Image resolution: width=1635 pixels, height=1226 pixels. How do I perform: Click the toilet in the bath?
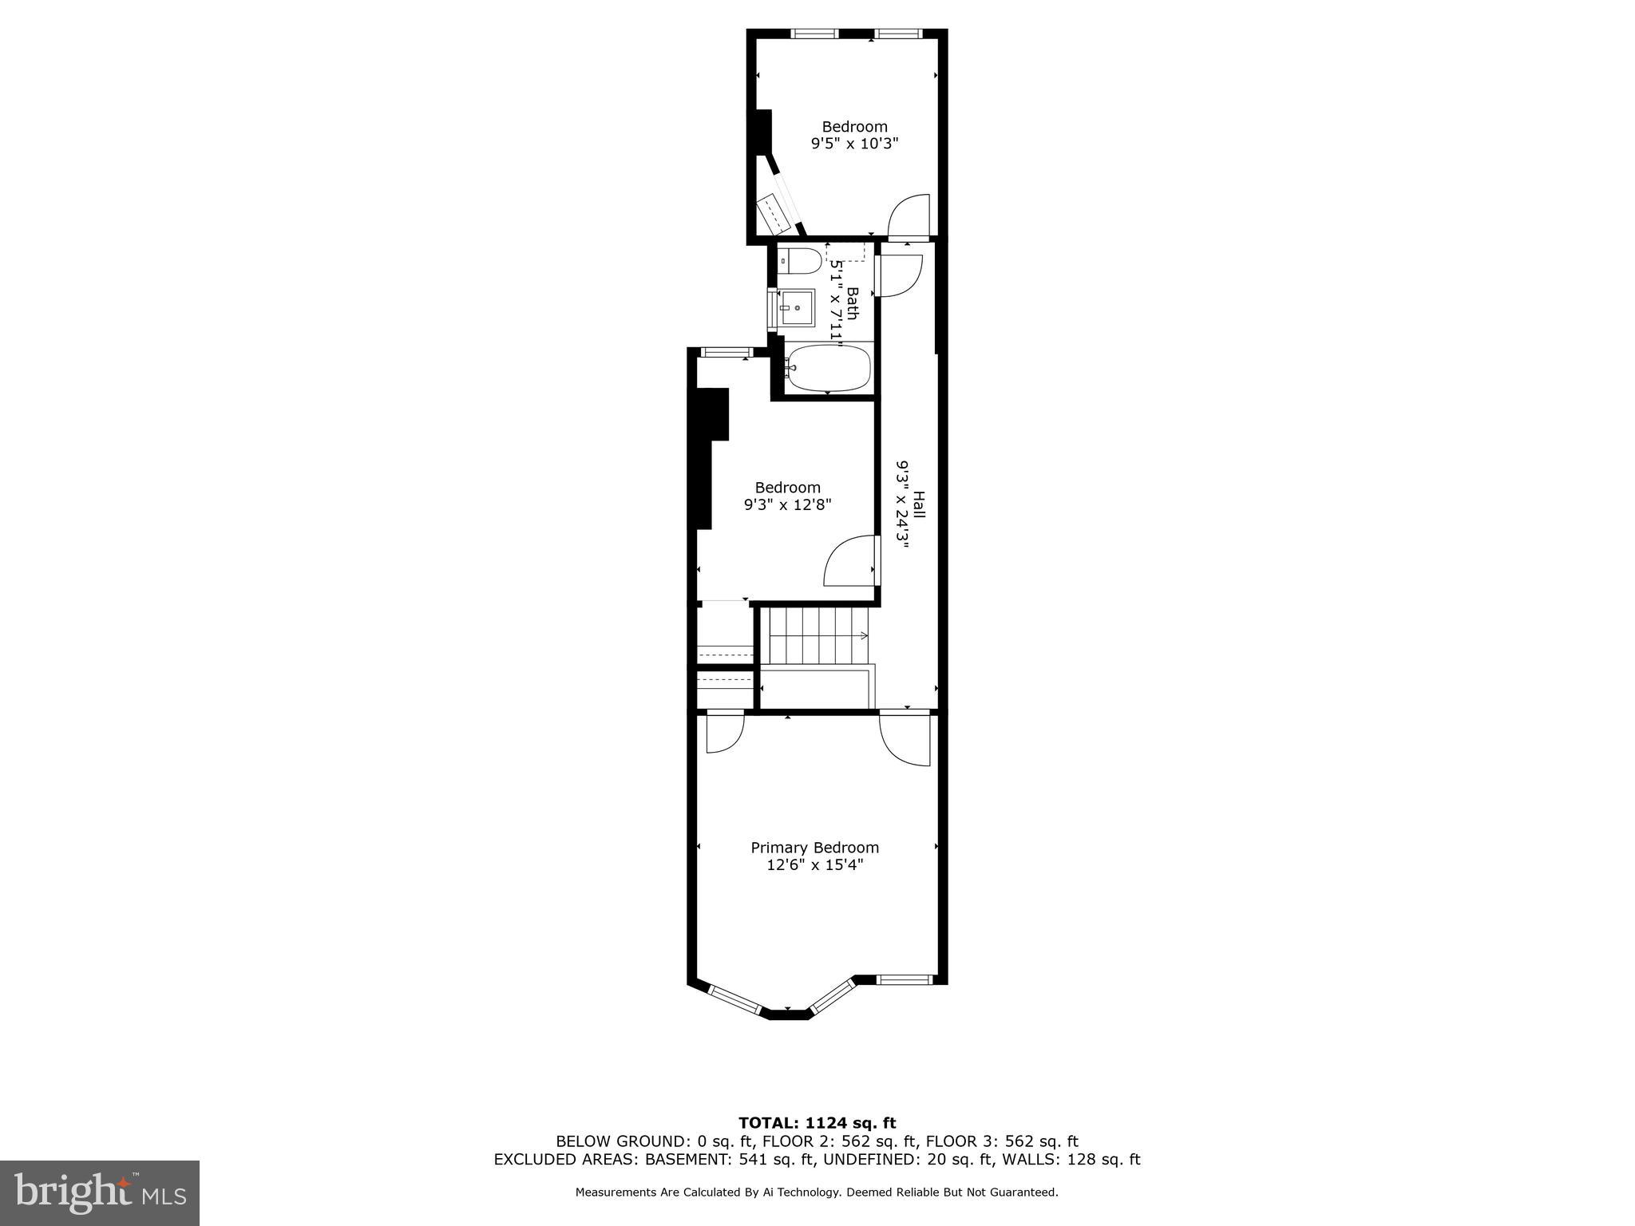point(801,260)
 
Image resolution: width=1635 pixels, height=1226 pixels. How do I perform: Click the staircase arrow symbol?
point(862,635)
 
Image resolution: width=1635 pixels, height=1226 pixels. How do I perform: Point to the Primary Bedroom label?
point(814,848)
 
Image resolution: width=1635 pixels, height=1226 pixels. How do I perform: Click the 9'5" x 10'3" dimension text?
point(854,144)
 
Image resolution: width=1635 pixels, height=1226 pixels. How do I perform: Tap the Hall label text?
point(919,504)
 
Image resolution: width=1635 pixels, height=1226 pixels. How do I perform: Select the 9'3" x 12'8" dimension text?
point(787,504)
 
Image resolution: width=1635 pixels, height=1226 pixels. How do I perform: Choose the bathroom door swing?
point(899,276)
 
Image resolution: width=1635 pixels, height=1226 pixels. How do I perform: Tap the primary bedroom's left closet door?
point(725,733)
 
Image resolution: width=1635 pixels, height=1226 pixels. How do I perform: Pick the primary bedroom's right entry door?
point(906,740)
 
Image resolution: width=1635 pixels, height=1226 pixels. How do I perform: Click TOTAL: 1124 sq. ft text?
point(817,1123)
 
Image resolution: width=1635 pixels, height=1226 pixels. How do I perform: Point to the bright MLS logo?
point(100,1192)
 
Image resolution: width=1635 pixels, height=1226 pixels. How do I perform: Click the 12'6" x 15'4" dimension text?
point(814,864)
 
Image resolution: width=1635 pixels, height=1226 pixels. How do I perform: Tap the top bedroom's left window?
point(814,34)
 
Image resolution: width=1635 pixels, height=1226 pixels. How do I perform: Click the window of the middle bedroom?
point(726,352)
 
